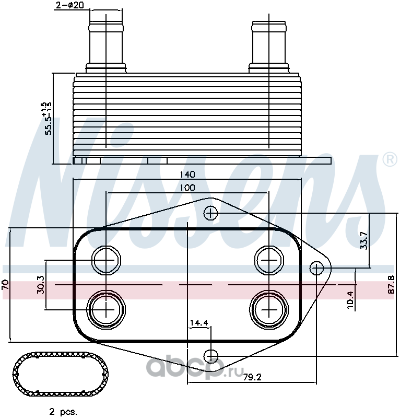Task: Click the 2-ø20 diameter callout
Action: click(70, 5)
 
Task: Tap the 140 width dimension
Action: click(187, 175)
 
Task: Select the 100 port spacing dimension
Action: click(187, 188)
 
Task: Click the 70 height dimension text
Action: click(5, 285)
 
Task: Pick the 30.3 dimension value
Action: click(41, 285)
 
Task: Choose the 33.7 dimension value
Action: click(364, 241)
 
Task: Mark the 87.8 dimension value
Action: click(391, 285)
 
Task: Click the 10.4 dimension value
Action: click(350, 300)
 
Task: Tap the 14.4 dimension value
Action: click(199, 323)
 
